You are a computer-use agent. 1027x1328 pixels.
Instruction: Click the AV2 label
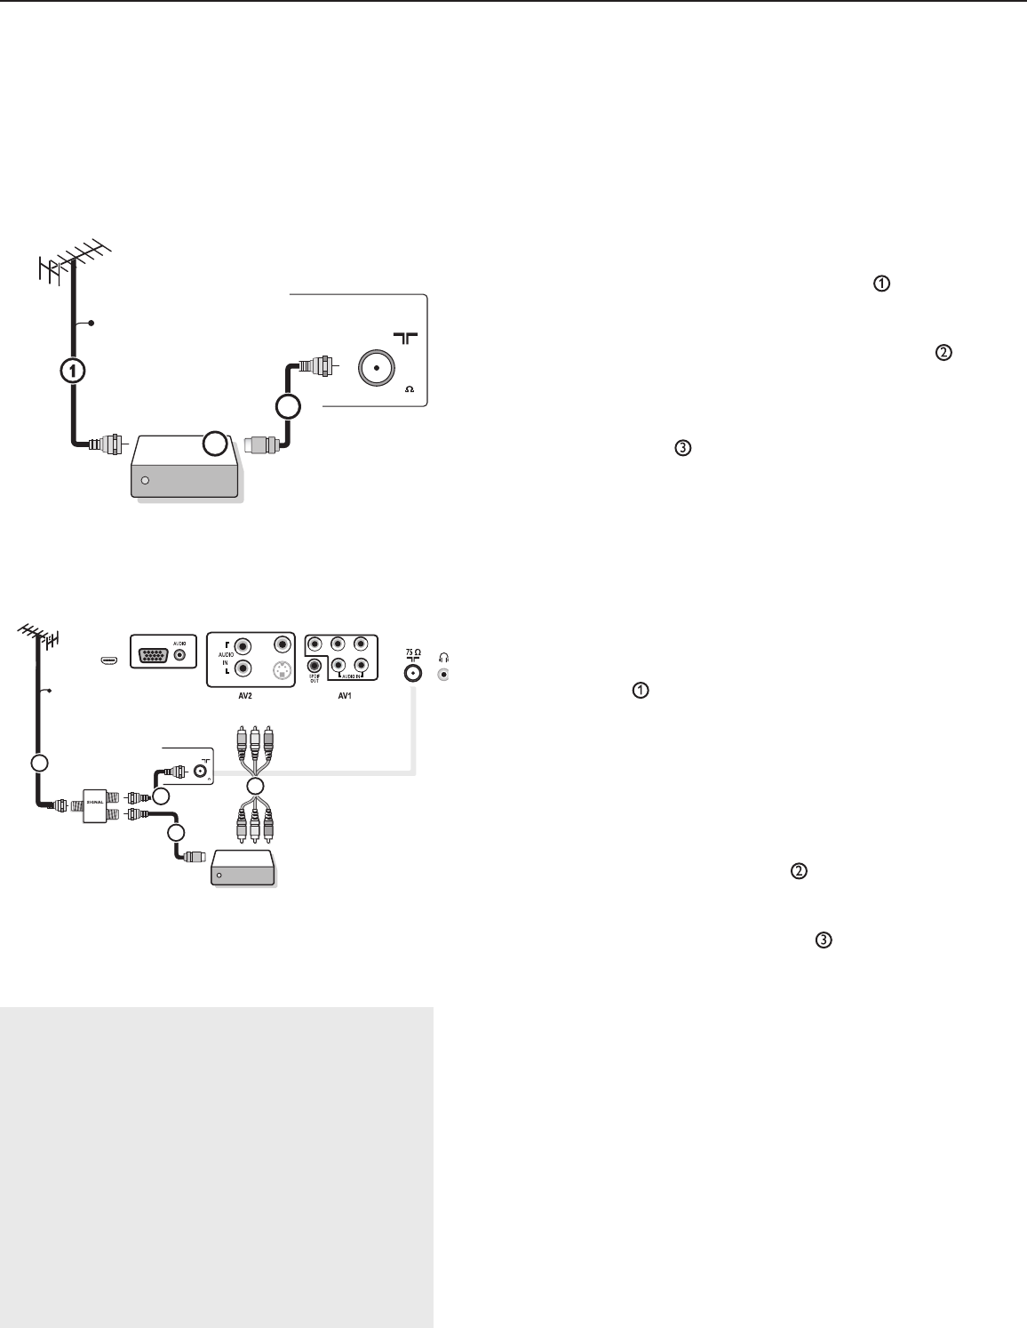click(244, 696)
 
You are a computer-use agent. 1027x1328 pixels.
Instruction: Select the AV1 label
click(344, 696)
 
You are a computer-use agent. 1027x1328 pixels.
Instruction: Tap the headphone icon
click(444, 657)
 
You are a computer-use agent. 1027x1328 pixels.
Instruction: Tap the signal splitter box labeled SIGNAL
click(93, 805)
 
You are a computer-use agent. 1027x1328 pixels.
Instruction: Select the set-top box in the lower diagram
click(243, 868)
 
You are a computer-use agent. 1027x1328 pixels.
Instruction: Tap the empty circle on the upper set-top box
click(213, 444)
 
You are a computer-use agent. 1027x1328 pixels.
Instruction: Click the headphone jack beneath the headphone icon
click(444, 675)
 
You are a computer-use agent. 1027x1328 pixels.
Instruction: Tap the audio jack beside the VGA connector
click(181, 656)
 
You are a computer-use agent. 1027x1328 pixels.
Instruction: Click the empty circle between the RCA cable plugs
click(255, 786)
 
